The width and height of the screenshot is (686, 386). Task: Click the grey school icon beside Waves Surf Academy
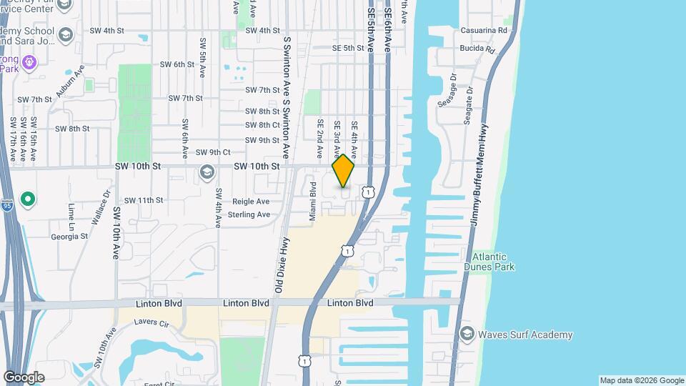[x=467, y=335]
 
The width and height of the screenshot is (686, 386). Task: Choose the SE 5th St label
[x=348, y=48]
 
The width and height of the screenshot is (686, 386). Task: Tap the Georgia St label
[x=69, y=236]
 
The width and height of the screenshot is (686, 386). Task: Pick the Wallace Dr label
[x=107, y=202]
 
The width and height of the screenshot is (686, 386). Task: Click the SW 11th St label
[x=144, y=200]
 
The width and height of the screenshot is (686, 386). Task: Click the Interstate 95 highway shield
[x=6, y=202]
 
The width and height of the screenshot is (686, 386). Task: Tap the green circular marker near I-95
[x=29, y=198]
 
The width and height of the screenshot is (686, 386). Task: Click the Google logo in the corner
[x=24, y=377]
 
